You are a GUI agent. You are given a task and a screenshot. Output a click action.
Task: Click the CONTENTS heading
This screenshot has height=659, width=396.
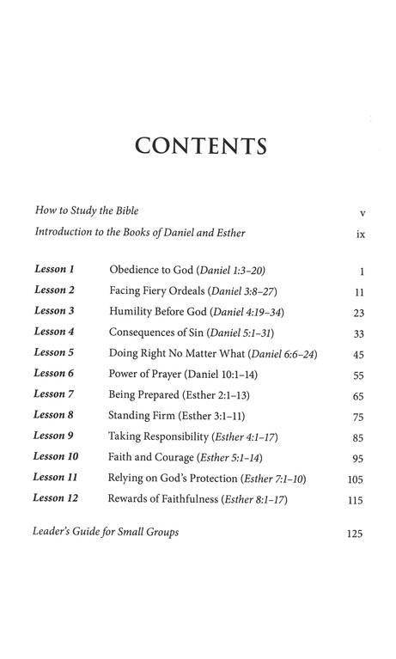tap(199, 146)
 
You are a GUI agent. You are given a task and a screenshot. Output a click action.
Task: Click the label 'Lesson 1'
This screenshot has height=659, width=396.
tap(54, 270)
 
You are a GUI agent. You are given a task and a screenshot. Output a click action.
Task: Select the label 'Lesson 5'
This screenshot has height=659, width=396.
tap(54, 353)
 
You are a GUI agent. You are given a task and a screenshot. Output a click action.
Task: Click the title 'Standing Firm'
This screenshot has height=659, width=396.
tap(140, 416)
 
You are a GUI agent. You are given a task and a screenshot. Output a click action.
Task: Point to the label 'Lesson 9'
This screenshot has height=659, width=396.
tap(54, 436)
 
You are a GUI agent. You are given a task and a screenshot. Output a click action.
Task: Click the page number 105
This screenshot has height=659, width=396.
tap(356, 479)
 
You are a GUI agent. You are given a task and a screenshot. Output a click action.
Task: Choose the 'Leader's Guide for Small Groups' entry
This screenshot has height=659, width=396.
tap(107, 532)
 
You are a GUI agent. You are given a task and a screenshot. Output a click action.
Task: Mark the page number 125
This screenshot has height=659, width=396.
tap(354, 534)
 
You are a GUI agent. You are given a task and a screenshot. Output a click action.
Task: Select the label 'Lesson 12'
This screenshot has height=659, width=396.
tap(56, 498)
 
